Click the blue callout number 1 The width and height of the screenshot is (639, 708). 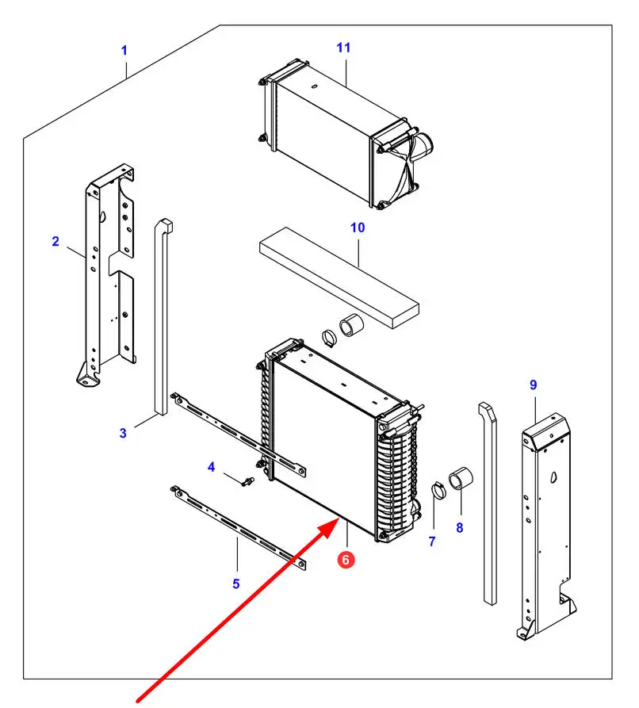[x=124, y=51]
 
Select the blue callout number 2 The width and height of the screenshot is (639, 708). [x=55, y=241]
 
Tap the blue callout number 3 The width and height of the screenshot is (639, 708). [x=123, y=433]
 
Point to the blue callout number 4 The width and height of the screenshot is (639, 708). [x=212, y=467]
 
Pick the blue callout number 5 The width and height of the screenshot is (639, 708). [x=235, y=584]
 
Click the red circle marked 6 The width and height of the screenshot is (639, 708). [x=346, y=560]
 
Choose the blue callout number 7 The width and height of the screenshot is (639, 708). [x=432, y=541]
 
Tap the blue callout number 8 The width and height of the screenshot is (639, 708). [x=460, y=527]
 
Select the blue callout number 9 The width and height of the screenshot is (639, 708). [x=534, y=385]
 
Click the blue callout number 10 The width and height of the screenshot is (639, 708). [x=358, y=228]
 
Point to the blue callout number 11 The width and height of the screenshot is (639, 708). [x=343, y=48]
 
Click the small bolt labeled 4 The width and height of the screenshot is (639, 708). [x=247, y=482]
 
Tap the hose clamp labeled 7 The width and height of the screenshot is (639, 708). [x=438, y=490]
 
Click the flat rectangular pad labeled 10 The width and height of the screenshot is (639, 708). [x=339, y=277]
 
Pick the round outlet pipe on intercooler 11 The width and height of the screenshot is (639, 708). [x=423, y=145]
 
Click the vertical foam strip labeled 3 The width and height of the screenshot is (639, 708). [x=163, y=316]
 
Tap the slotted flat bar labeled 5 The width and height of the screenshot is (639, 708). [x=238, y=528]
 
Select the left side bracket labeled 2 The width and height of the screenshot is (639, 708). [x=106, y=274]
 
